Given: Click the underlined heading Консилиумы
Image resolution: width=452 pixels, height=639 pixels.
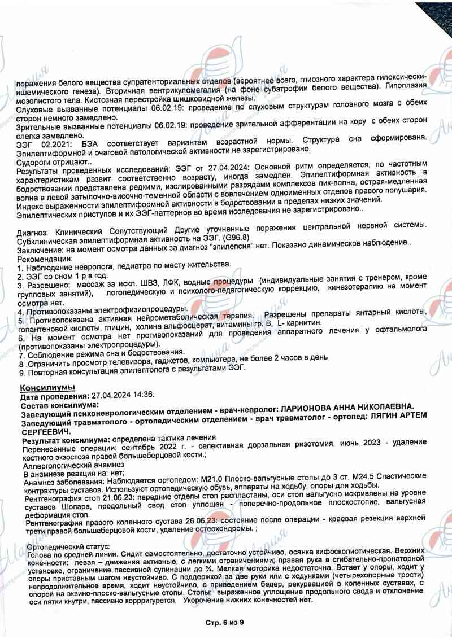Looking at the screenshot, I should point(47,388).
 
